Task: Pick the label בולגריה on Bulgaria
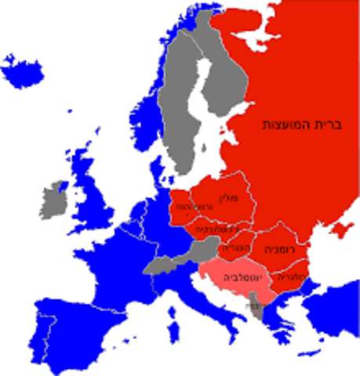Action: pyautogui.click(x=291, y=277)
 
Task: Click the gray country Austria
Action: pyautogui.click(x=199, y=251)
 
